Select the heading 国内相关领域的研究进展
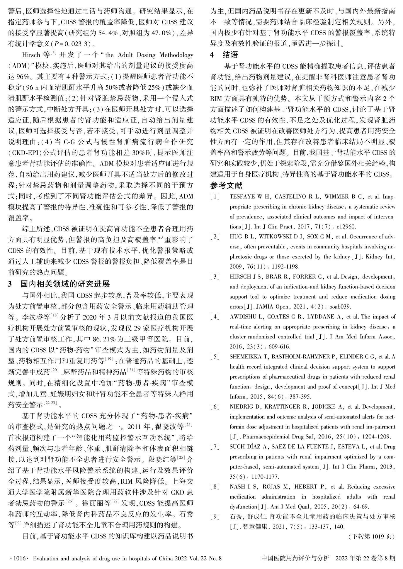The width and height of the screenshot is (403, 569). coord(65,284)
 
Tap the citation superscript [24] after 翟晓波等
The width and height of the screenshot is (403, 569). coord(189,424)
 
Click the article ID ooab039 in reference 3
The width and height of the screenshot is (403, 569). coord(341,307)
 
